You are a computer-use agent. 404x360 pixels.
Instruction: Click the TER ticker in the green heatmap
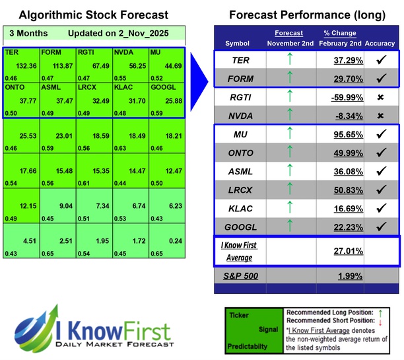[12, 52]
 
